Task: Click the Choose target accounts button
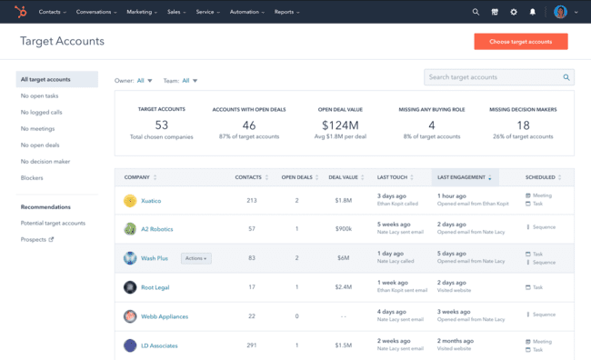(520, 42)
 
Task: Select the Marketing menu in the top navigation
(141, 12)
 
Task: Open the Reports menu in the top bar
(287, 12)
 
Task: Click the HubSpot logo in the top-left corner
(20, 12)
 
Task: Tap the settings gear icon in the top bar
(514, 12)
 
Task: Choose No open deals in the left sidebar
(40, 145)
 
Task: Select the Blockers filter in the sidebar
(32, 177)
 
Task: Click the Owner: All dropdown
(134, 81)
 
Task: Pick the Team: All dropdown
(180, 81)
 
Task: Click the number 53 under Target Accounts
(161, 125)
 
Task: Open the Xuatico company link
(151, 200)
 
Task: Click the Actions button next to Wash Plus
(195, 258)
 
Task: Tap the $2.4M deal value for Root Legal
(343, 287)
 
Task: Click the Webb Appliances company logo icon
(130, 316)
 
